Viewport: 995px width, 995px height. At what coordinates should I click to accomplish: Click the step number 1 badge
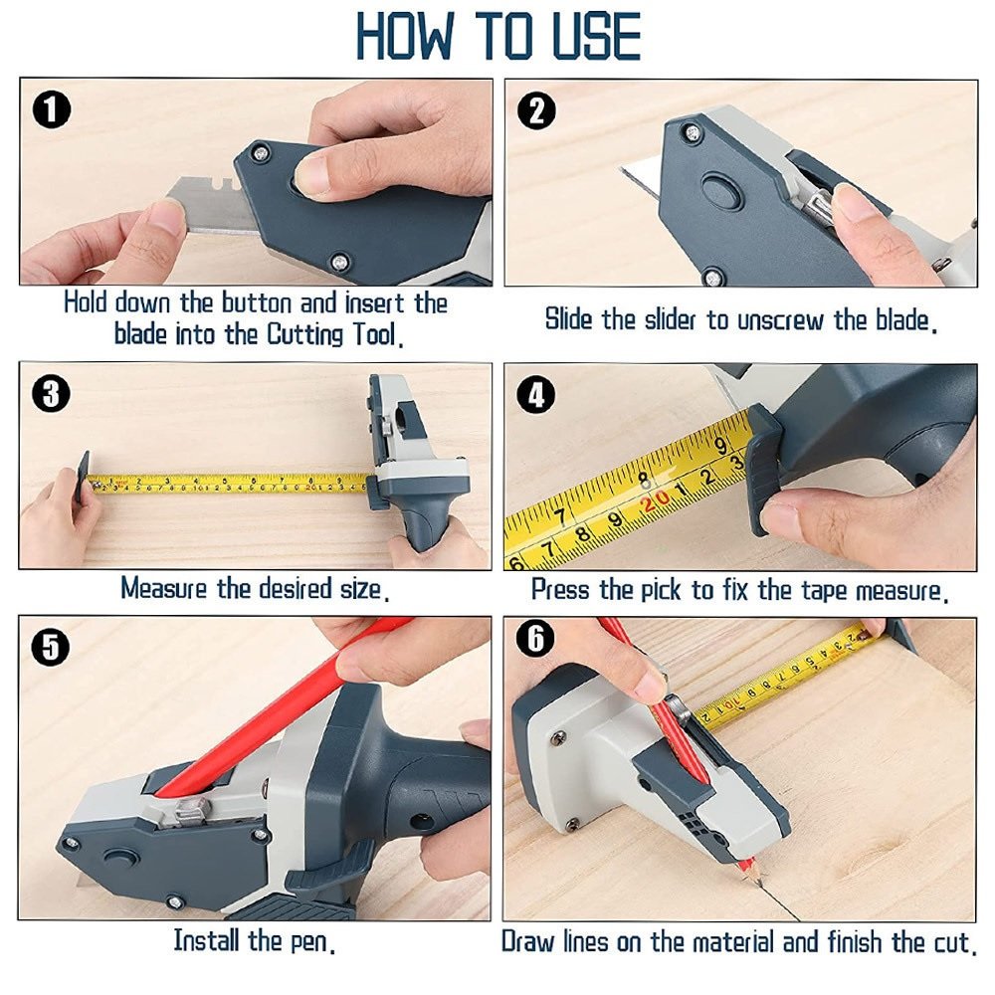[52, 109]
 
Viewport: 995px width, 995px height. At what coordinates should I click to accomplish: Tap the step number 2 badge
[537, 111]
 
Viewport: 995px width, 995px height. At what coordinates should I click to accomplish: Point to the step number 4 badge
[537, 395]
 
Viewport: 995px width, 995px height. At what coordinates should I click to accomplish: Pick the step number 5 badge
[51, 647]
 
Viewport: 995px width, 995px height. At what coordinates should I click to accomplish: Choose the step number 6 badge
[535, 638]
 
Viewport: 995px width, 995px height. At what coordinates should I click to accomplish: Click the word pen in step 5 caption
[309, 941]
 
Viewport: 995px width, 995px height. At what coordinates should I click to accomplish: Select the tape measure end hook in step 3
[84, 478]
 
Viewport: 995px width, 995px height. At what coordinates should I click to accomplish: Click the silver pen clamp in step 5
[195, 812]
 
